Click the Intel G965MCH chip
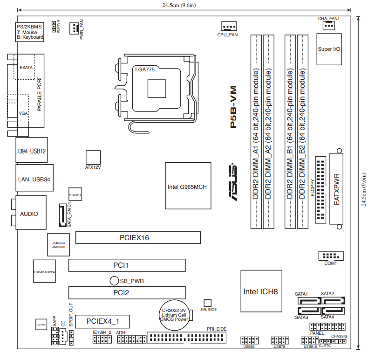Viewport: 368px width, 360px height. point(187,187)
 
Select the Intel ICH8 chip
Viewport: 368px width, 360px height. point(261,291)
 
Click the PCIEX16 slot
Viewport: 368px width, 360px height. point(138,238)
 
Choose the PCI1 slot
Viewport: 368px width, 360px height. point(128,265)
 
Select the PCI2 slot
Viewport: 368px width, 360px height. point(128,293)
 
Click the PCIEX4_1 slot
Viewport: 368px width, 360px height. point(102,321)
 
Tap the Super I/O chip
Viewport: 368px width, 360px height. point(328,49)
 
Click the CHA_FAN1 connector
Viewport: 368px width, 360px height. point(328,25)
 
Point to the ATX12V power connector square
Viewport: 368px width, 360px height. point(93,157)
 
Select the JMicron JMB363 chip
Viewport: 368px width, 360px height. point(59,244)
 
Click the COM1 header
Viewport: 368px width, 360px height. point(330,256)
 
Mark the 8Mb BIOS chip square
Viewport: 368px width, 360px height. point(208,303)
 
